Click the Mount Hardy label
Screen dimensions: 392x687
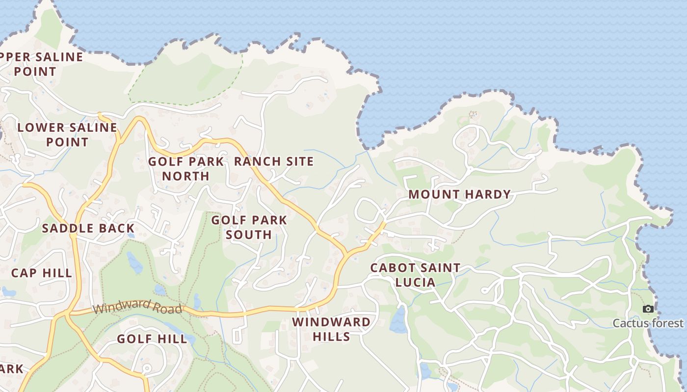click(459, 195)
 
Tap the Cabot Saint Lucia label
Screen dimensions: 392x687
click(415, 275)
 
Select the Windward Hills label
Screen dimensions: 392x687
click(331, 329)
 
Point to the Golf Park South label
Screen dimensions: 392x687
click(249, 227)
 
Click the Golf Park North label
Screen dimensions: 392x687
click(186, 169)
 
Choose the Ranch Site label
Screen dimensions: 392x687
click(273, 162)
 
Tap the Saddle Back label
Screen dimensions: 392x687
click(88, 228)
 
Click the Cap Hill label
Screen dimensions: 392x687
click(42, 273)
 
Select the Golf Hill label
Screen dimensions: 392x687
click(152, 339)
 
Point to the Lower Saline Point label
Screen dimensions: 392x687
click(67, 135)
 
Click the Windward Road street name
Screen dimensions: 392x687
click(137, 307)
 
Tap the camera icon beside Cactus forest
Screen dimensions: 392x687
click(648, 309)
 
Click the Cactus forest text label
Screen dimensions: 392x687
click(648, 323)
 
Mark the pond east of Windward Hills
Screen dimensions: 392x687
click(398, 321)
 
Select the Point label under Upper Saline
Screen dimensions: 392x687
click(34, 72)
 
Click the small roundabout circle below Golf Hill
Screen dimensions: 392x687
click(146, 367)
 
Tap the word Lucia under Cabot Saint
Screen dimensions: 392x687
click(415, 282)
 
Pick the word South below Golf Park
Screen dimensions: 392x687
click(249, 235)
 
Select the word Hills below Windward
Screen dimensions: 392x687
click(331, 337)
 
